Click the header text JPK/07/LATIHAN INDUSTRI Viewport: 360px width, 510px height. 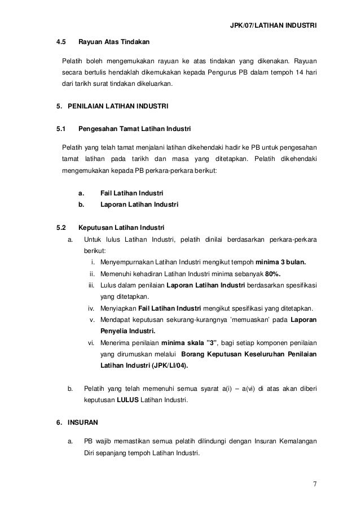tap(274, 25)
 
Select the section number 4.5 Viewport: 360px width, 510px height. tap(60, 42)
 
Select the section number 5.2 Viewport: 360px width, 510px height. tap(60, 228)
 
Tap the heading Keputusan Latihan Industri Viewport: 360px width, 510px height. tap(121, 228)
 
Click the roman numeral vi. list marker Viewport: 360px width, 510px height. tap(91, 343)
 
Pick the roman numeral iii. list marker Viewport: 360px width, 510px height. tap(91, 286)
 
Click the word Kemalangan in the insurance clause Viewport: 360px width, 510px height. tap(296, 441)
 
